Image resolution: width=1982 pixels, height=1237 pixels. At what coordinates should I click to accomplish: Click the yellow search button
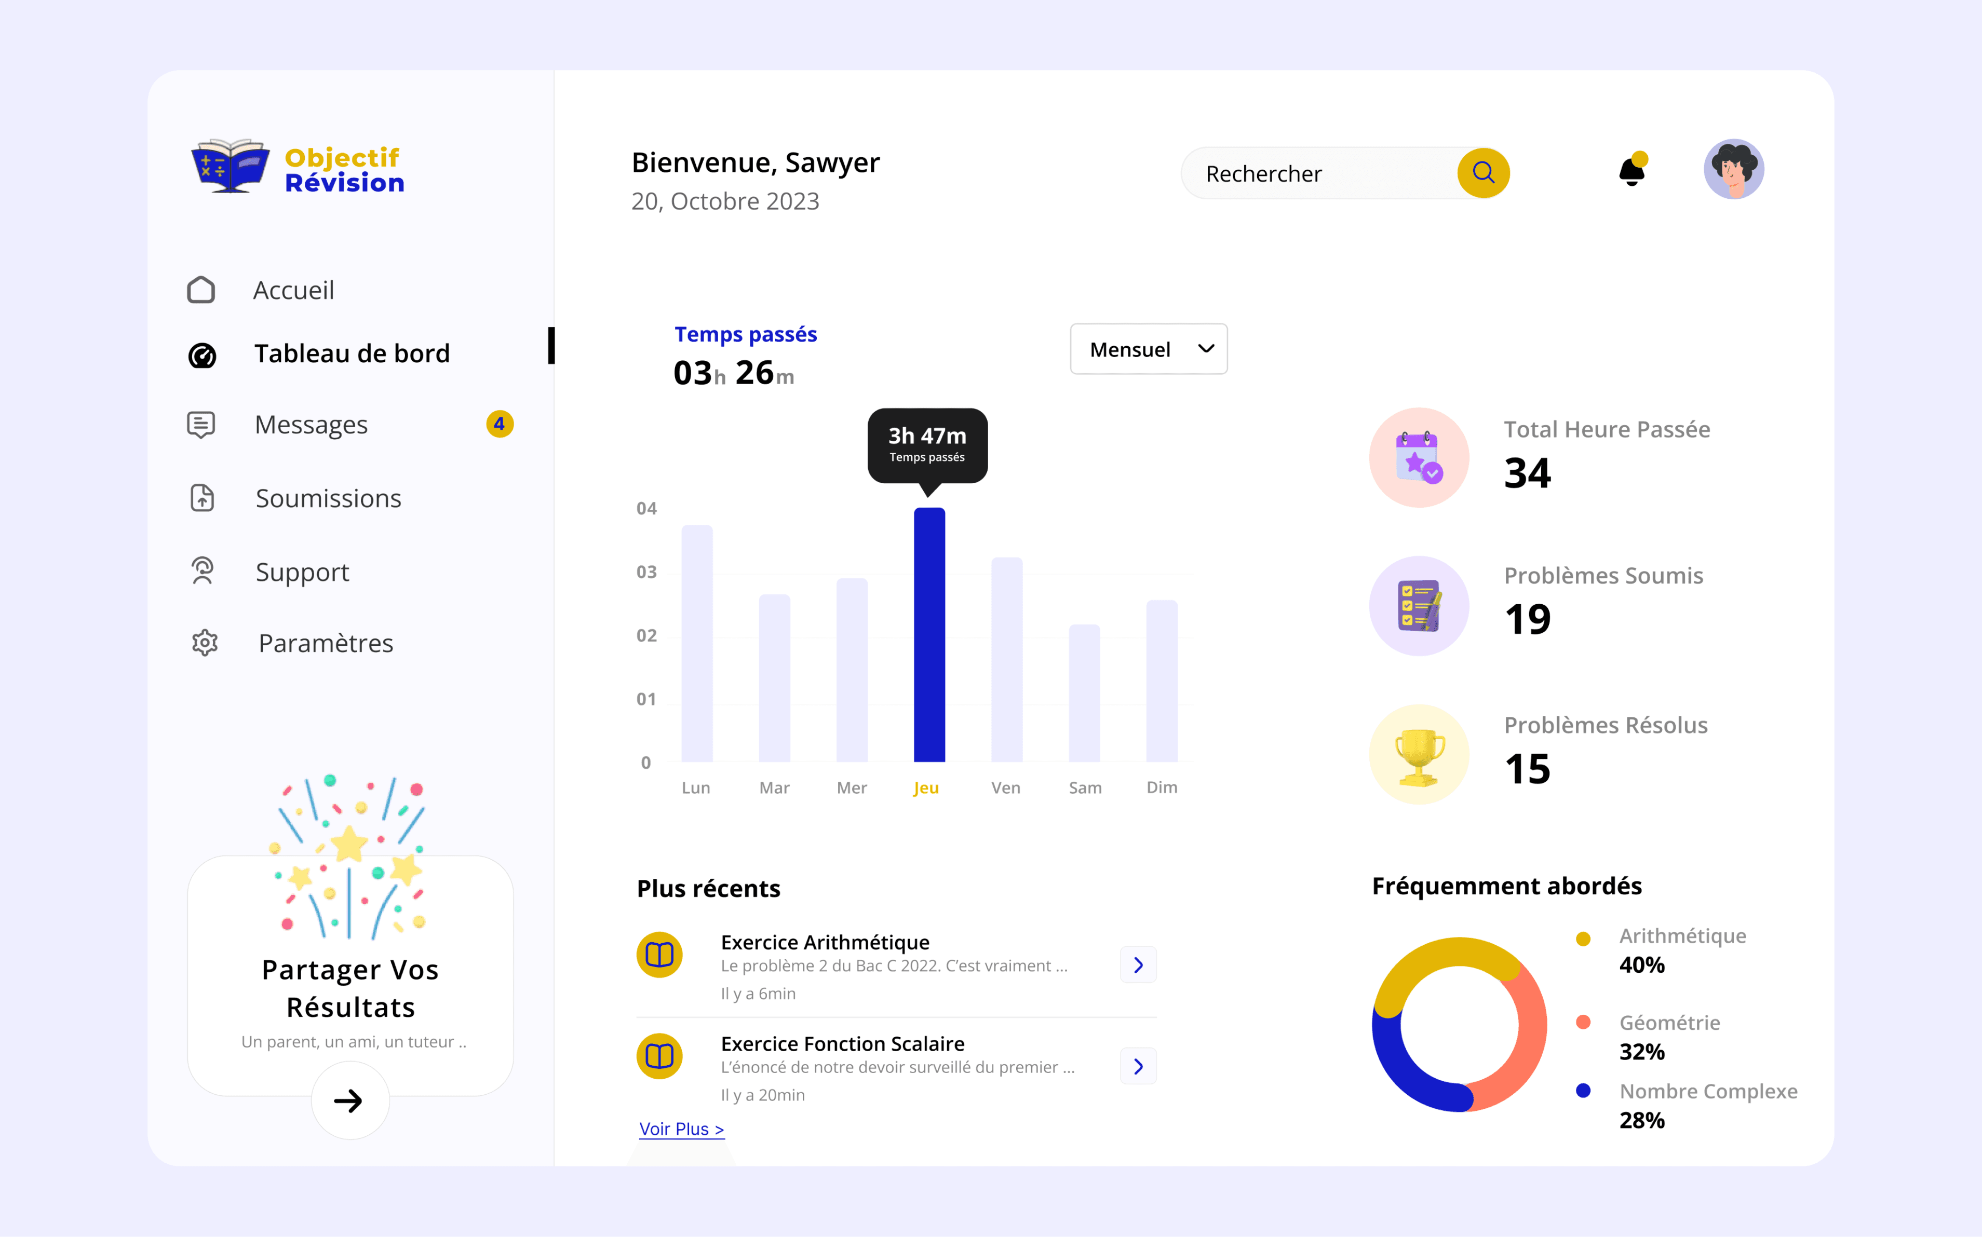(1483, 173)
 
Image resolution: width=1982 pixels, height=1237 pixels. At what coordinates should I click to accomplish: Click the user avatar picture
(1733, 169)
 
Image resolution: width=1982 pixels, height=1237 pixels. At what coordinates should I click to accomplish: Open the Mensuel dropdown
(1148, 349)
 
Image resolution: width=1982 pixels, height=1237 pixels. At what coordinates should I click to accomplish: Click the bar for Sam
(1084, 693)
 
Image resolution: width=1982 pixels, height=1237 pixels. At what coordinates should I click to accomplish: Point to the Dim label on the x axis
(1161, 787)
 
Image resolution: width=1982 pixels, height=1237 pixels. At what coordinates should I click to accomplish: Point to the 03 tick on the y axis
(646, 572)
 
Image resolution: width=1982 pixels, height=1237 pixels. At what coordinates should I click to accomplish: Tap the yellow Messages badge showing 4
(499, 424)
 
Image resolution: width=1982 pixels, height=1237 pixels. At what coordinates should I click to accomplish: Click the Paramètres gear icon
(205, 643)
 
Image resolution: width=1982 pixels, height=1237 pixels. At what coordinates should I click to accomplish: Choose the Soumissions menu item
(328, 498)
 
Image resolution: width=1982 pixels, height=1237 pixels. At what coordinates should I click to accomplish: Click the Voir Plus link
(681, 1129)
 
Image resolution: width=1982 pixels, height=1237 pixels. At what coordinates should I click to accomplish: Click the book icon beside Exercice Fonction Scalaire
(659, 1056)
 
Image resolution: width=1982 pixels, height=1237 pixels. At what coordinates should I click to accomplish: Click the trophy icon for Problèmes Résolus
(1419, 754)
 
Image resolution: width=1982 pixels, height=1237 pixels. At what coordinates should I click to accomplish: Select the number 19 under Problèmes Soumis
(1527, 619)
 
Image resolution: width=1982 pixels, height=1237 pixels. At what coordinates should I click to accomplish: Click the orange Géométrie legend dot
(1583, 1022)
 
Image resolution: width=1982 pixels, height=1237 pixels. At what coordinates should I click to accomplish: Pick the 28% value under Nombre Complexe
(1641, 1120)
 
